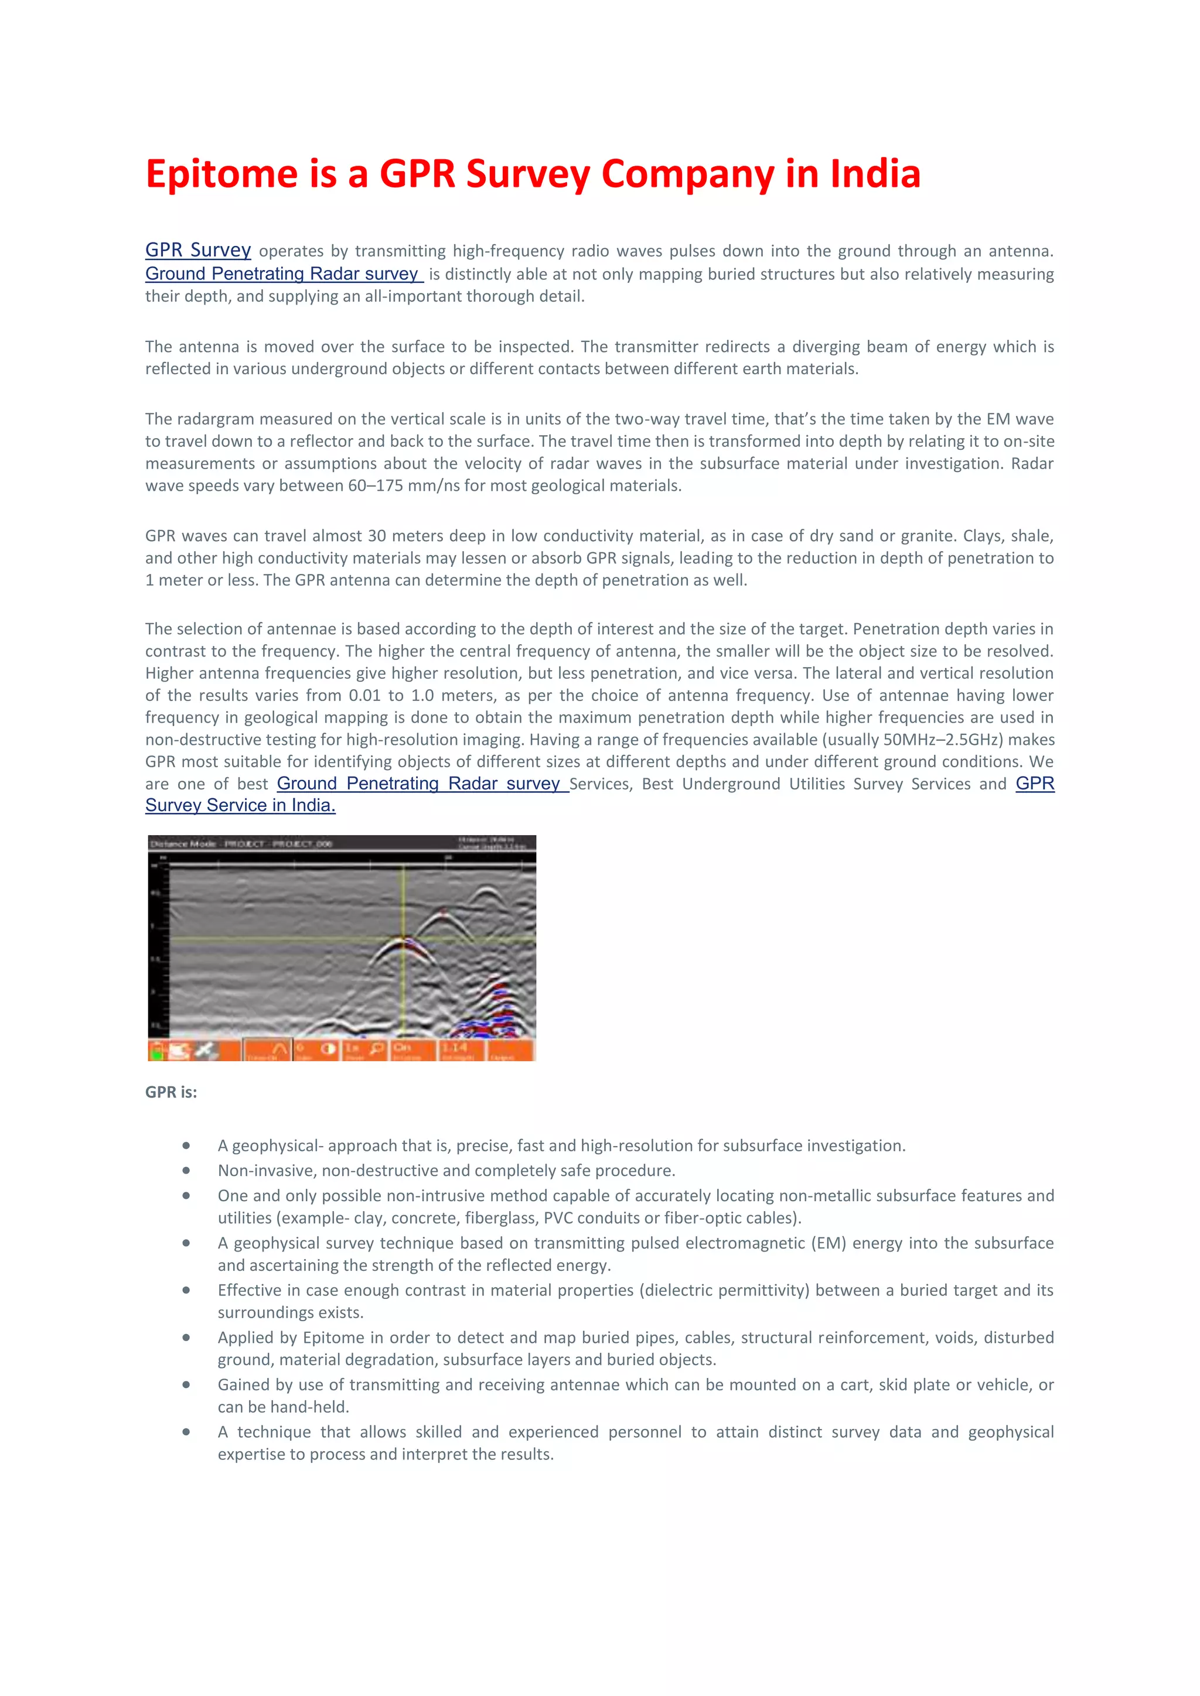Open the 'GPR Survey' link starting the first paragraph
(198, 251)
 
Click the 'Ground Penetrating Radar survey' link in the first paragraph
(283, 274)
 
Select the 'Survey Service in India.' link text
(240, 806)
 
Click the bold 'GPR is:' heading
(171, 1092)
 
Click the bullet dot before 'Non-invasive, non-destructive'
(186, 1171)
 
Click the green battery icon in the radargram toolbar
(156, 1051)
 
